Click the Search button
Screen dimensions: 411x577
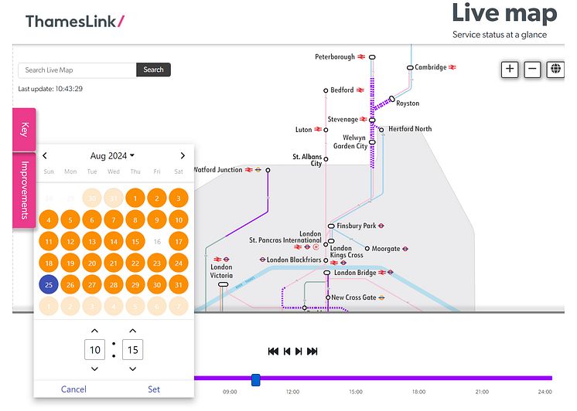click(153, 70)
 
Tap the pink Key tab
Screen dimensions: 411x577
click(25, 129)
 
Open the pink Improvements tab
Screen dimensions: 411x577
click(25, 190)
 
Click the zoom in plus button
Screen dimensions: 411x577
click(510, 69)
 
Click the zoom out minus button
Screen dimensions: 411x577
click(532, 69)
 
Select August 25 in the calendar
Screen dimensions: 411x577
click(49, 285)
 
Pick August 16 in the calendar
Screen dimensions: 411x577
click(157, 242)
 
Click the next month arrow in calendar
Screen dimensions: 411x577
click(183, 155)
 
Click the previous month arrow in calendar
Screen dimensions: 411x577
click(45, 155)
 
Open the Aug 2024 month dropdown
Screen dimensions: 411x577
click(112, 155)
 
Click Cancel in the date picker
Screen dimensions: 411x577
click(73, 389)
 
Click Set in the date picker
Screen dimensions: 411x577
click(154, 389)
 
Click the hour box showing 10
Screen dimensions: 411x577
click(94, 350)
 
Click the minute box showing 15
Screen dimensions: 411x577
click(133, 350)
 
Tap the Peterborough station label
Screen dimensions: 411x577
click(335, 57)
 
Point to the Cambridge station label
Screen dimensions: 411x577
click(431, 67)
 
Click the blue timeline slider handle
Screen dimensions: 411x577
click(256, 379)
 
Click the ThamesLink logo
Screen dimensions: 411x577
click(74, 21)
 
